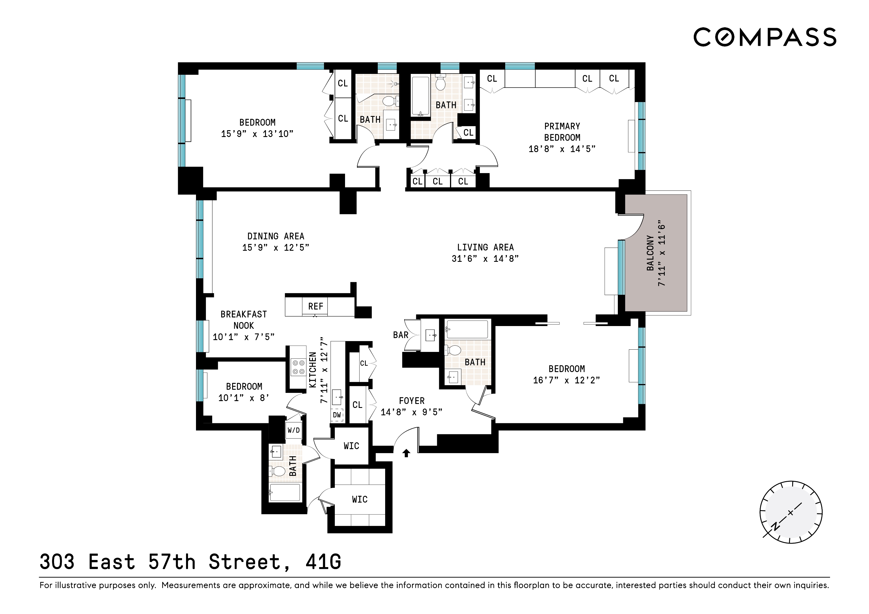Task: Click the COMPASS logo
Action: pyautogui.click(x=765, y=37)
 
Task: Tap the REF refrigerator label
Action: pyautogui.click(x=316, y=306)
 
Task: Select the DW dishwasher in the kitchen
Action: pyautogui.click(x=337, y=415)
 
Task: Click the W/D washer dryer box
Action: pyautogui.click(x=294, y=430)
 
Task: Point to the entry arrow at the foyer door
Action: pyautogui.click(x=406, y=453)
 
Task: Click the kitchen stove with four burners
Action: pyautogui.click(x=298, y=367)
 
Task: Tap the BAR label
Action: pyautogui.click(x=401, y=335)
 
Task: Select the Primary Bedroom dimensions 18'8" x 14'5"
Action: pyautogui.click(x=562, y=149)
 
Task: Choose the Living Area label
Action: pyautogui.click(x=485, y=247)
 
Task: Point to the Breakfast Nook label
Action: pyautogui.click(x=243, y=320)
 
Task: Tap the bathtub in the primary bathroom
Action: pyautogui.click(x=420, y=96)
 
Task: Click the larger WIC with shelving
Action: pyautogui.click(x=360, y=499)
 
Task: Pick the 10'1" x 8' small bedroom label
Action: pyautogui.click(x=244, y=398)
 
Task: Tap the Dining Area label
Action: pyautogui.click(x=276, y=237)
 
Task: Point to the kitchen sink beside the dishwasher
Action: pyautogui.click(x=337, y=397)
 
